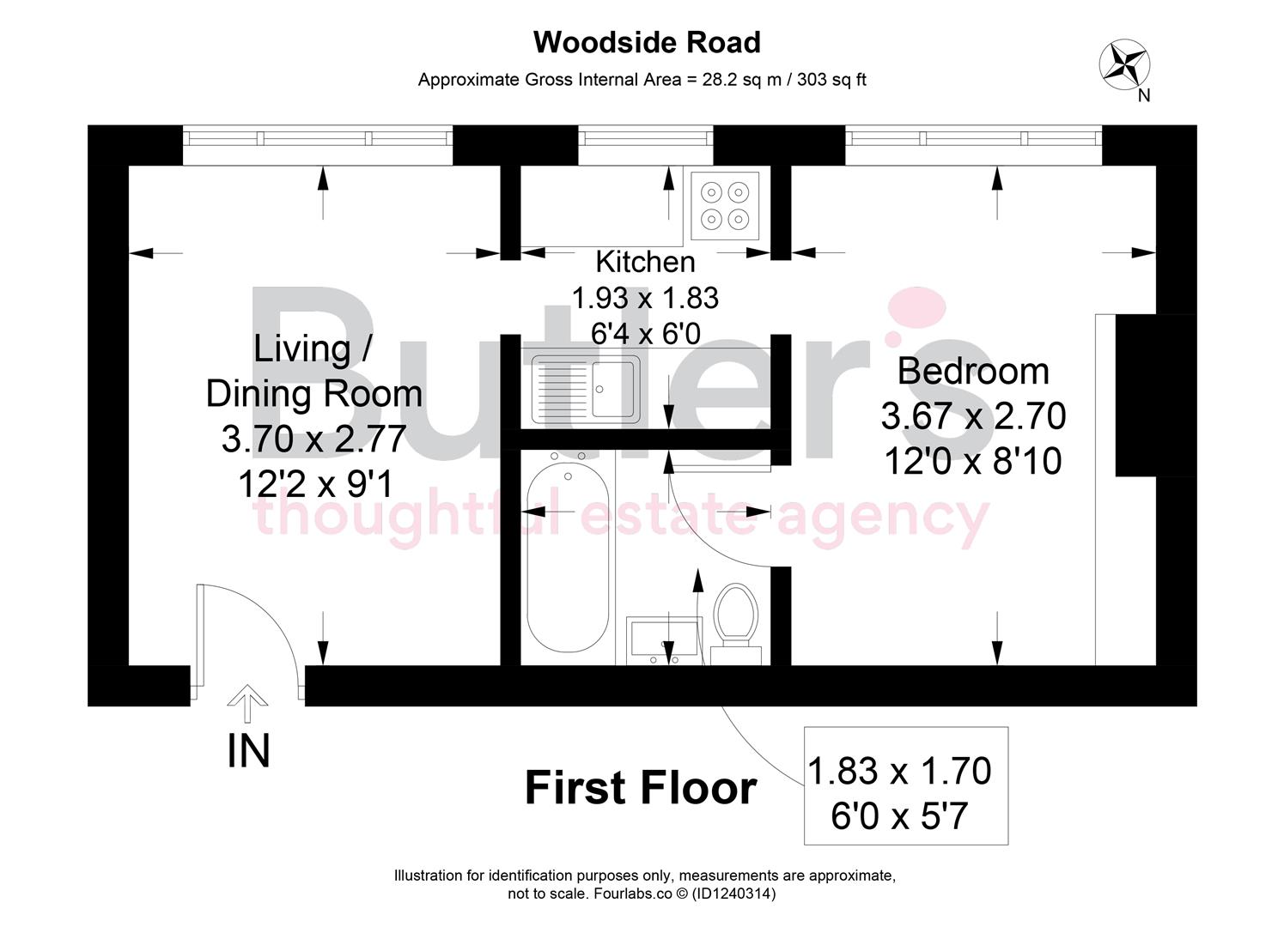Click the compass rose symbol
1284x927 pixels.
point(1124,64)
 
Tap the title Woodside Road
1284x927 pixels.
point(647,42)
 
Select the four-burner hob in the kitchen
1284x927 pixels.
point(725,206)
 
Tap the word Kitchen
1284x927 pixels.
point(646,262)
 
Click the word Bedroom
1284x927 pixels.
point(973,372)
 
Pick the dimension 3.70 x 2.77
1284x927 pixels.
point(314,439)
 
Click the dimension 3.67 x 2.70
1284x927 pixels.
point(973,416)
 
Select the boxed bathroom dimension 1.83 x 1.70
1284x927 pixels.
point(899,771)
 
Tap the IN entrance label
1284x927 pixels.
point(248,751)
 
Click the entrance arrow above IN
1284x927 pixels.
point(247,703)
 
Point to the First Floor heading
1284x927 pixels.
point(641,788)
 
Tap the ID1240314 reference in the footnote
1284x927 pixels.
point(733,894)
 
